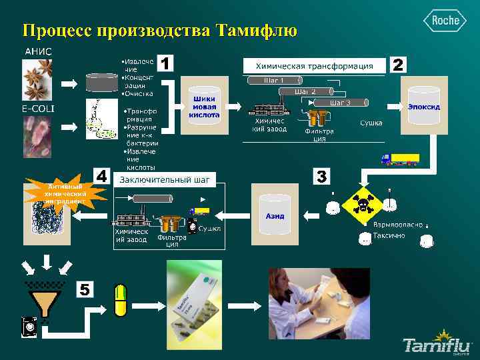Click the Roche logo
[445, 21]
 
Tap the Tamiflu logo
[437, 343]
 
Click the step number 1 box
[165, 63]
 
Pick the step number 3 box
[321, 177]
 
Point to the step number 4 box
[101, 176]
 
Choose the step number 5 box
[85, 289]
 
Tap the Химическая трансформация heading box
[315, 66]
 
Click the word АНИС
[38, 51]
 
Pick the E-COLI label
[38, 108]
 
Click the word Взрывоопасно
[397, 225]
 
